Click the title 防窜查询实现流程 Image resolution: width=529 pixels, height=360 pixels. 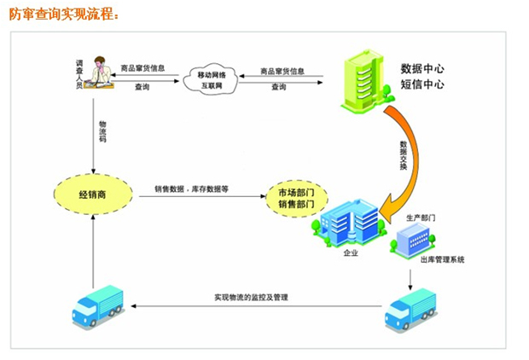[63, 15]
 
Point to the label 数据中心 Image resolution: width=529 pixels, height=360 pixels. [423, 68]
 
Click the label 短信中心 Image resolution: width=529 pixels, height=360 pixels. [423, 84]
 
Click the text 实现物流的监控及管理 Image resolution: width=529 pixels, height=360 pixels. [253, 298]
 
